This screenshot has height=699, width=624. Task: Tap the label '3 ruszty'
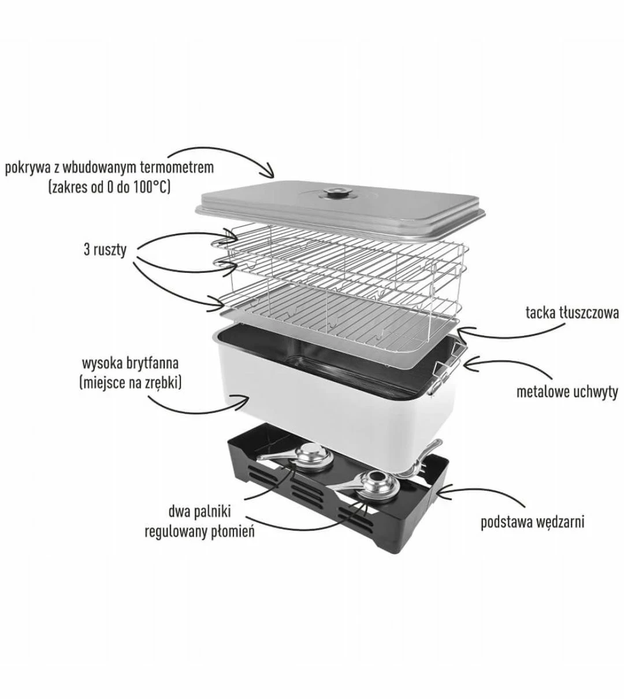click(x=105, y=250)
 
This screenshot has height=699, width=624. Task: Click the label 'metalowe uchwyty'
click(x=567, y=392)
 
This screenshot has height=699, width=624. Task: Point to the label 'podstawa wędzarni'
click(x=533, y=522)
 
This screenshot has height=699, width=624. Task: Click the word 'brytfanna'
click(x=154, y=363)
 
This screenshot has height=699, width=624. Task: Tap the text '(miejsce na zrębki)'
click(x=131, y=383)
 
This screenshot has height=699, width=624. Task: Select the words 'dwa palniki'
click(x=199, y=512)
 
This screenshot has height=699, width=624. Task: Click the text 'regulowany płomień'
click(x=199, y=532)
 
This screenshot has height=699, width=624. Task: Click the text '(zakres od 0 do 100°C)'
click(x=110, y=187)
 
